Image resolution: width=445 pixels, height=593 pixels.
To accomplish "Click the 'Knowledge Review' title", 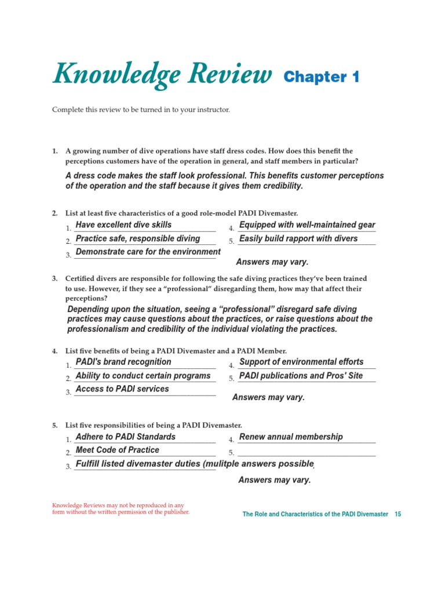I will (162, 76).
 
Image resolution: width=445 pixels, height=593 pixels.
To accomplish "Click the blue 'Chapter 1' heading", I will (322, 77).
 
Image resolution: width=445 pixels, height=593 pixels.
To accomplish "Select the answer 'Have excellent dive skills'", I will (123, 225).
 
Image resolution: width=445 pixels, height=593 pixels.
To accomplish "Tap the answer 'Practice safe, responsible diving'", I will (138, 238).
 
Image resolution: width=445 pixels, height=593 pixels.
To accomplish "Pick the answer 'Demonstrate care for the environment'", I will (148, 252).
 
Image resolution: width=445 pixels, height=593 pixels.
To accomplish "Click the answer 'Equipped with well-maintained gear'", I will (307, 225).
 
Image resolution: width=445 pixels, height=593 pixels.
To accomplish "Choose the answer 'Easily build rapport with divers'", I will (298, 238).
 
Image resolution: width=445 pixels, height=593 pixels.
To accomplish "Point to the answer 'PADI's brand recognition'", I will (123, 362).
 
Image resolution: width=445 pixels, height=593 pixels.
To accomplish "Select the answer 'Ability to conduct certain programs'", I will (143, 375).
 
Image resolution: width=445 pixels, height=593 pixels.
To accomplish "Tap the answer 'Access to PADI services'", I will (122, 389).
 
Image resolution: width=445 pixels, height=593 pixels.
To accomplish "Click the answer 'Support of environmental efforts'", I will (301, 362).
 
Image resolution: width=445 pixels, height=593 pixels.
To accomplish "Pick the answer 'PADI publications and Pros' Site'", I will (301, 375).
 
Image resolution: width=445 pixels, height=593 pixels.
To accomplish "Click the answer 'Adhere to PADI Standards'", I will (126, 437).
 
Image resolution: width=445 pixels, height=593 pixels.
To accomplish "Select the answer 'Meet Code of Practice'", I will (118, 450).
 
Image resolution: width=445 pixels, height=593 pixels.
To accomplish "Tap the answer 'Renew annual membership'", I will (291, 437).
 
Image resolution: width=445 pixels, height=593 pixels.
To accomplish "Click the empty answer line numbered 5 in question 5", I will (307, 453).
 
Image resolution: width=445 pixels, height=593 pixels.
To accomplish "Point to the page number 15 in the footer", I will (397, 514).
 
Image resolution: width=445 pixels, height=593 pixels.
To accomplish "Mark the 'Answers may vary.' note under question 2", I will (272, 262).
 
